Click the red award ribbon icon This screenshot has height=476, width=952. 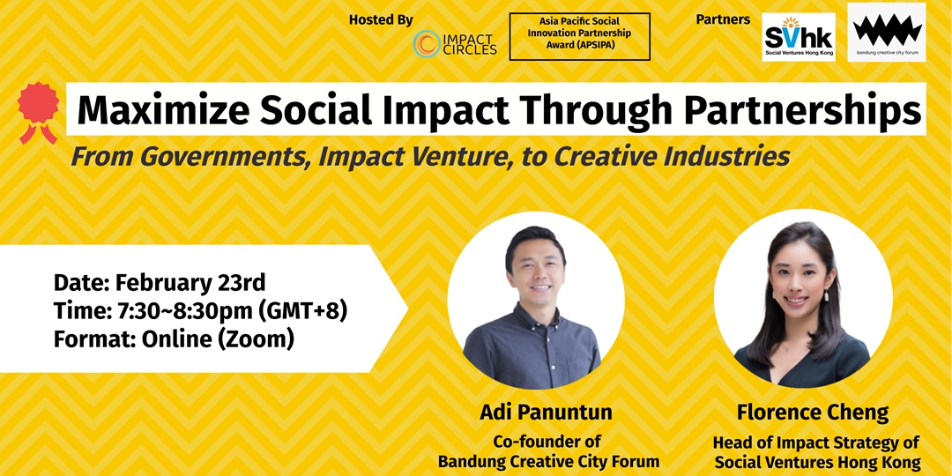[38, 112]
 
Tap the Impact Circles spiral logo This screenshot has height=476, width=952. [427, 44]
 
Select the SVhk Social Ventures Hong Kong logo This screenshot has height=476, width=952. [799, 37]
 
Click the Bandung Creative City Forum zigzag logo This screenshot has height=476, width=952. [887, 33]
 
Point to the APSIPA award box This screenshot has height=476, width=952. [579, 36]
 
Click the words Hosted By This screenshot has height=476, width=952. [381, 19]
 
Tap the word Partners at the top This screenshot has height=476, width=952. [723, 19]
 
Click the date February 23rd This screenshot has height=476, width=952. [190, 283]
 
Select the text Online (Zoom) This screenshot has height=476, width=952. [218, 338]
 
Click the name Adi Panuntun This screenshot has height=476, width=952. [546, 413]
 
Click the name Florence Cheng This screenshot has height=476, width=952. [813, 413]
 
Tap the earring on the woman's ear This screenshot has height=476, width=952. [826, 296]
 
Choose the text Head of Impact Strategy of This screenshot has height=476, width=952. [815, 443]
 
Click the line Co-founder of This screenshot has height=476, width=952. [547, 442]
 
